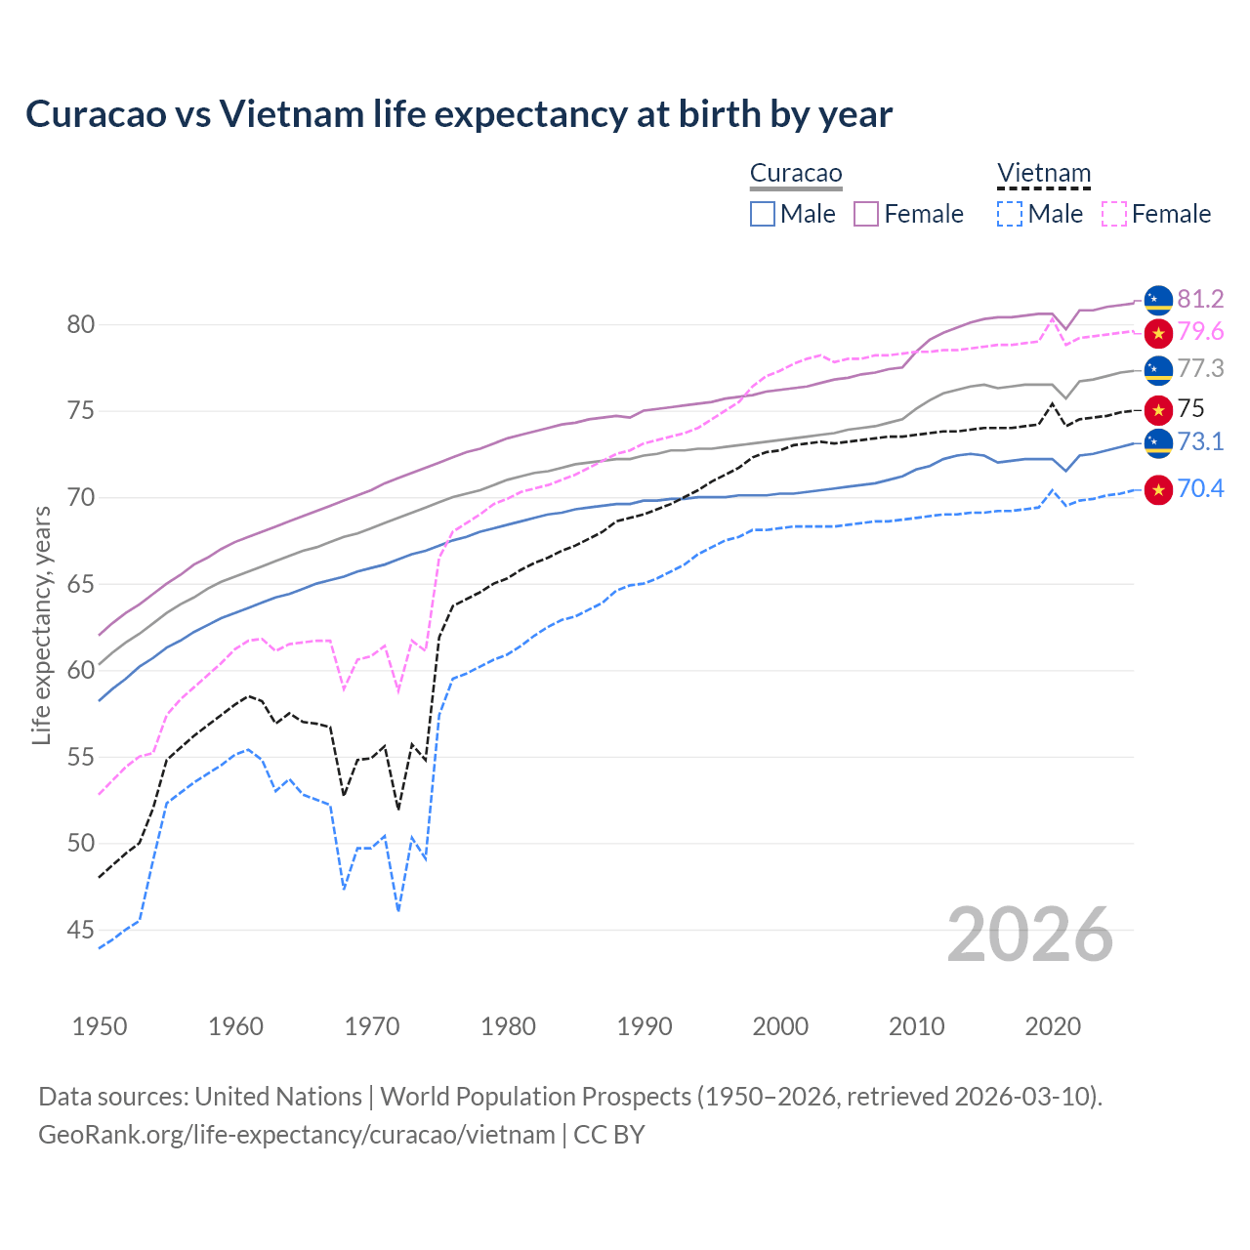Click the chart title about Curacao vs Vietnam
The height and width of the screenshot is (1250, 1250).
pos(459,114)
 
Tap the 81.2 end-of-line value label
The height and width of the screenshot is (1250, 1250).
pos(1200,299)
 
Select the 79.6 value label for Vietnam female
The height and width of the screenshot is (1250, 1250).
pos(1200,332)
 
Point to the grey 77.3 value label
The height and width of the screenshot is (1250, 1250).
pos(1200,368)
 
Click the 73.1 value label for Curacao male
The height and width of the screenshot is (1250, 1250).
pos(1200,441)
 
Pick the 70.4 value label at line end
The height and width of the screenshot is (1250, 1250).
pos(1200,488)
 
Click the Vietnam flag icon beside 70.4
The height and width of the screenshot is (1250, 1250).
pos(1158,489)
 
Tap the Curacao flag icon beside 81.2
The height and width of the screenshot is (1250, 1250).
pos(1158,300)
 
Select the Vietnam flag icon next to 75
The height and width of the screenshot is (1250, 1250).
pos(1158,409)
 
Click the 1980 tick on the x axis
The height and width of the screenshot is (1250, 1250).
pos(508,1026)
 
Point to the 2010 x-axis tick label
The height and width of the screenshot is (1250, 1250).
pos(916,1026)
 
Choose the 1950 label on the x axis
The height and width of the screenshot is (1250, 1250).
pos(100,1026)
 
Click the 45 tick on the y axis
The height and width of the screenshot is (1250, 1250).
pos(80,930)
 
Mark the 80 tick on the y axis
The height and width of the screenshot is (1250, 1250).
pos(80,324)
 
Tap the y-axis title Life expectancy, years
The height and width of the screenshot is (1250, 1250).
pos(41,625)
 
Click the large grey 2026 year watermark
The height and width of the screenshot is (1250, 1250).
pos(1029,935)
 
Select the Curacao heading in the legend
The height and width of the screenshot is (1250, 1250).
pos(796,174)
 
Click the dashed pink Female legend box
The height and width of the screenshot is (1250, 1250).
pos(1114,214)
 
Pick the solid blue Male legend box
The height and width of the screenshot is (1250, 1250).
pos(763,214)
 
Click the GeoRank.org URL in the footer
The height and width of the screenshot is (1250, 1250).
pos(296,1135)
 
